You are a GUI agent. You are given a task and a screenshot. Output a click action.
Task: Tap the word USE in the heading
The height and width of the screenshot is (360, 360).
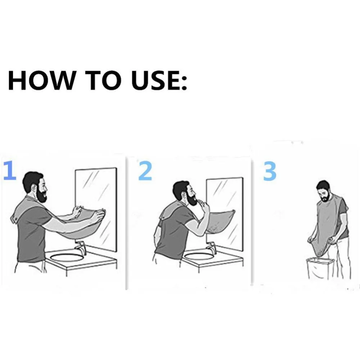155,80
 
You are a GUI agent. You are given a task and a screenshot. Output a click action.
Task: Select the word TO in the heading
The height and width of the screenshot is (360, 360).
103,80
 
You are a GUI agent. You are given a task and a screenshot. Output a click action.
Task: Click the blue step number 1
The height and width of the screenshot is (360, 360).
10,170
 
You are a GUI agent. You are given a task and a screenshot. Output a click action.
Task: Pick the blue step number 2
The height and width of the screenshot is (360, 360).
145,170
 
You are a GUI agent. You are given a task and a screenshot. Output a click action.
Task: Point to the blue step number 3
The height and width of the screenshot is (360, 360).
270,171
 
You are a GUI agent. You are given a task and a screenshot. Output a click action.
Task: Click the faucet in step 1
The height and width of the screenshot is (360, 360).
80,248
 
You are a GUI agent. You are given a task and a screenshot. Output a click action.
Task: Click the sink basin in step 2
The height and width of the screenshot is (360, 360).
199,256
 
